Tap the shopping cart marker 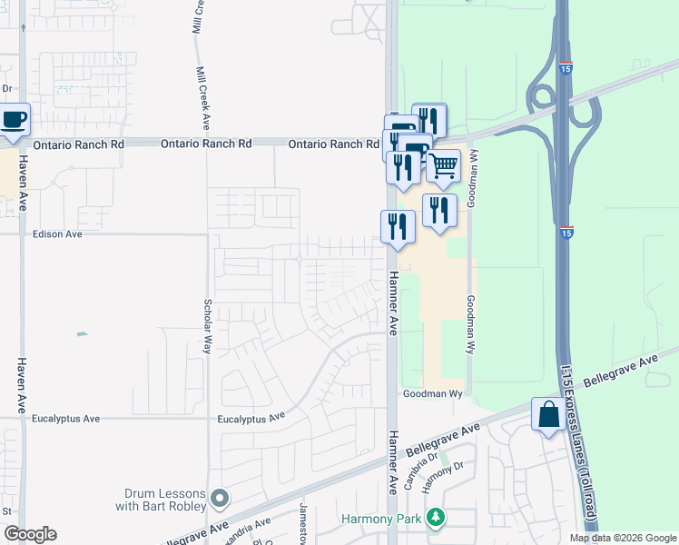click(x=443, y=165)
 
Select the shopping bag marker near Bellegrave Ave click(x=549, y=415)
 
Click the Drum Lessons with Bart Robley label click(x=162, y=499)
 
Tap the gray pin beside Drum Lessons click(x=220, y=498)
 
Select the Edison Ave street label click(x=57, y=233)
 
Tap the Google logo click(x=30, y=534)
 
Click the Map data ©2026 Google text click(x=623, y=538)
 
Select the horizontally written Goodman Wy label click(x=434, y=393)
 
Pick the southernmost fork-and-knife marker click(x=398, y=226)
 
